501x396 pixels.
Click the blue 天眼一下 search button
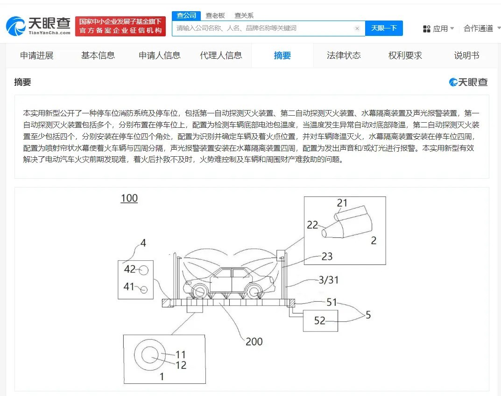tap(384, 28)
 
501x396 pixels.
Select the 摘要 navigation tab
tap(282, 56)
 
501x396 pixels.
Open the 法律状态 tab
tap(344, 56)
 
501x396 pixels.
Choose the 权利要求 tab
tap(405, 56)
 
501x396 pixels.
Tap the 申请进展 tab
tap(37, 56)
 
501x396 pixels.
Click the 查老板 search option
tap(215, 15)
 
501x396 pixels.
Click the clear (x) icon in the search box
tap(357, 28)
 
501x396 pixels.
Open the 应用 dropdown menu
tap(438, 29)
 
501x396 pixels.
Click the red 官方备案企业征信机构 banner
tap(120, 26)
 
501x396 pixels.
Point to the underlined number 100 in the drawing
tap(129, 198)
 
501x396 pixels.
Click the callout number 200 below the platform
tap(254, 341)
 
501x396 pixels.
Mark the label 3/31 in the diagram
tap(328, 280)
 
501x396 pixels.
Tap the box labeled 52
tap(320, 320)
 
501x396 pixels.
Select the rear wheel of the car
tap(255, 291)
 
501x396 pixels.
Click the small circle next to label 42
tap(144, 270)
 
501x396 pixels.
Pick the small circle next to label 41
tap(144, 290)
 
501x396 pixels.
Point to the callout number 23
tap(327, 256)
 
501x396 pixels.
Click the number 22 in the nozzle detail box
tap(312, 225)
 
